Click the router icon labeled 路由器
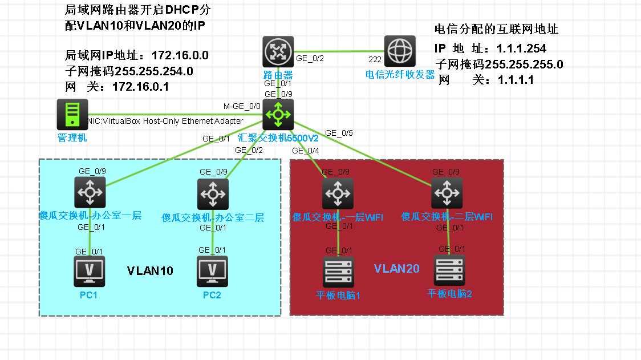(x=278, y=51)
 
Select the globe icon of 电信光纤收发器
(x=399, y=51)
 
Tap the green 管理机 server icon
(x=72, y=114)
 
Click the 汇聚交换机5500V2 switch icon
(x=278, y=114)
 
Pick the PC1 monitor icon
(x=90, y=271)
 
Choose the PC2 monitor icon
(x=212, y=271)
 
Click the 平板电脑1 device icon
(x=338, y=272)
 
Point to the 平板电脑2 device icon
(x=449, y=270)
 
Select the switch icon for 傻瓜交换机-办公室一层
(x=90, y=192)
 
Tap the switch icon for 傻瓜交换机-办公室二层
(x=213, y=194)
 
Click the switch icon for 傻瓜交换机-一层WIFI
(x=338, y=193)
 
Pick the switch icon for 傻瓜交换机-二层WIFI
(x=447, y=192)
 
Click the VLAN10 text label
(x=150, y=270)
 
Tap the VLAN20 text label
(x=397, y=268)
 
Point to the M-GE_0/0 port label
(x=242, y=106)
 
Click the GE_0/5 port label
(x=339, y=134)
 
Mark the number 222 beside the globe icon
(x=375, y=59)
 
